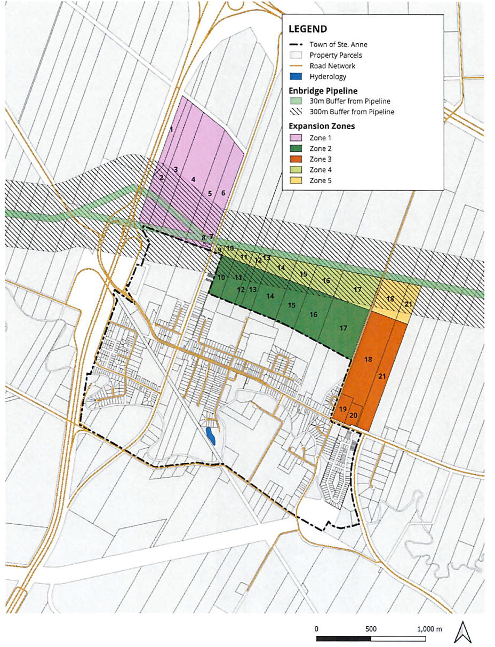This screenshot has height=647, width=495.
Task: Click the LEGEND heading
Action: (308, 29)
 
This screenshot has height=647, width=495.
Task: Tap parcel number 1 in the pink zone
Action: (171, 129)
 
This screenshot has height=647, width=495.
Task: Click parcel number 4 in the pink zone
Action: (193, 179)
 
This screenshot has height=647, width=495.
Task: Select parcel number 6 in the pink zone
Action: (223, 193)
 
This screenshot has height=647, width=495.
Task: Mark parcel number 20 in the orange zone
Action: (353, 415)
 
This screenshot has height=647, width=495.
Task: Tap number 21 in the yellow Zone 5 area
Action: (409, 304)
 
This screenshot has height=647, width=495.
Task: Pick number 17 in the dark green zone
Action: (344, 328)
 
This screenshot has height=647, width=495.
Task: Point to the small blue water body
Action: (211, 436)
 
